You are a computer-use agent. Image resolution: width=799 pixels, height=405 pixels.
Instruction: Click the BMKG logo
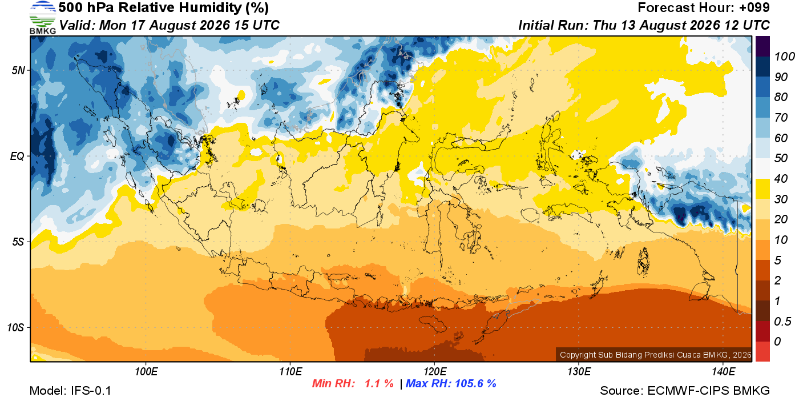click(42, 18)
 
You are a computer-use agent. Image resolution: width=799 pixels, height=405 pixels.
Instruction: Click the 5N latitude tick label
click(18, 70)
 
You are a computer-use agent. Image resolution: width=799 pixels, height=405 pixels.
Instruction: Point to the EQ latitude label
click(18, 156)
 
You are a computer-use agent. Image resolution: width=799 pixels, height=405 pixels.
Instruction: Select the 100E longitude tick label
click(146, 372)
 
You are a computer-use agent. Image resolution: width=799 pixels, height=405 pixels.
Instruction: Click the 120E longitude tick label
click(435, 372)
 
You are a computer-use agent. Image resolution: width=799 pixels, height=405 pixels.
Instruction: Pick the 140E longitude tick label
click(723, 372)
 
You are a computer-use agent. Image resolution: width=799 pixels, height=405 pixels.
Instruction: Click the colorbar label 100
click(784, 57)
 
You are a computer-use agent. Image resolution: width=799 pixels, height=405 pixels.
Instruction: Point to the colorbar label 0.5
click(782, 322)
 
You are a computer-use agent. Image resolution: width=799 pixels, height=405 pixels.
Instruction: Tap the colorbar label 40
click(781, 179)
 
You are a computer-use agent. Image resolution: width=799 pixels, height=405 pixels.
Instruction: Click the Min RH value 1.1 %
click(379, 383)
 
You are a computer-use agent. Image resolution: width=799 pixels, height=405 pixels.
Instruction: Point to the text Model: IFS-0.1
click(70, 391)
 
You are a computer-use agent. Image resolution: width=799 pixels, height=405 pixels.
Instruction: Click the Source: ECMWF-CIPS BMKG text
click(685, 391)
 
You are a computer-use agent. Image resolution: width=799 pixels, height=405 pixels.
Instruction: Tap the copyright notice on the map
click(656, 355)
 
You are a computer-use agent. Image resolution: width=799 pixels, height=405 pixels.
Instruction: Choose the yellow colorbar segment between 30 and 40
click(762, 189)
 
